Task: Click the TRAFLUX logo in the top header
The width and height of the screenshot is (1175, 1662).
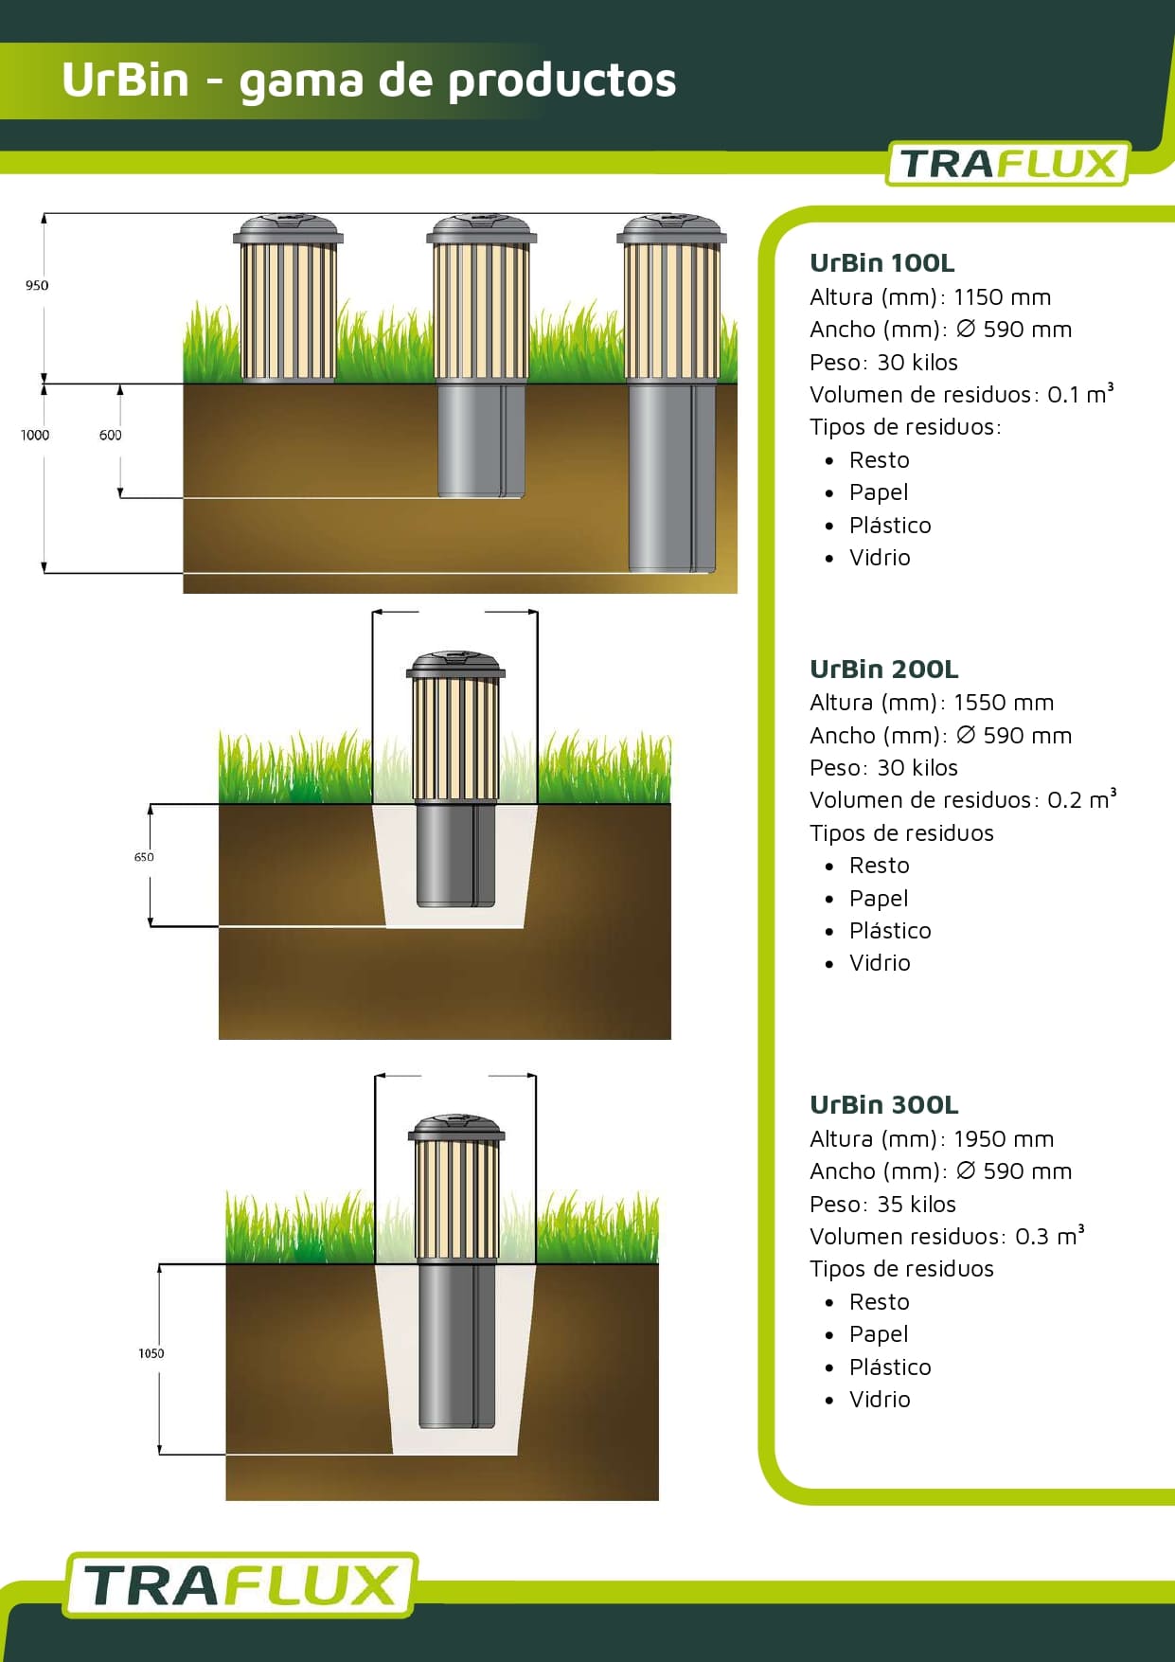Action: (x=1007, y=164)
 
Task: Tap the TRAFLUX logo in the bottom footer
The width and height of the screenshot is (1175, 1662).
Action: (x=240, y=1584)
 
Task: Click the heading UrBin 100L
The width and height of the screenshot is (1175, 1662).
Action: (x=881, y=263)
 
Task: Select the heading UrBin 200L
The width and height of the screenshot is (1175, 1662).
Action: (x=883, y=670)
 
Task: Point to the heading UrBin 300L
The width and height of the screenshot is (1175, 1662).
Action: (x=883, y=1105)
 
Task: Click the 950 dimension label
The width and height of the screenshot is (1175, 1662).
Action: (x=37, y=285)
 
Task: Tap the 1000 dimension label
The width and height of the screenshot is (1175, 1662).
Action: (x=35, y=435)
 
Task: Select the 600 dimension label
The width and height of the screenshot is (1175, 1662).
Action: (x=111, y=435)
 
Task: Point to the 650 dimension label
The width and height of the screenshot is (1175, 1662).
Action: (x=144, y=857)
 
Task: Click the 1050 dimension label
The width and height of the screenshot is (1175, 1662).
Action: (x=151, y=1353)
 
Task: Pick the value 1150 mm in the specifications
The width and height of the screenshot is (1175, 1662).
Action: (x=1002, y=297)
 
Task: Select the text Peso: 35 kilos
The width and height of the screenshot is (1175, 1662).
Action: (x=882, y=1205)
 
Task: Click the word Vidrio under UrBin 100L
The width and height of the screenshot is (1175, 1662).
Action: (x=880, y=558)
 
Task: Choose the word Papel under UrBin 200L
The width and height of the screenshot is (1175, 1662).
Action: (x=879, y=898)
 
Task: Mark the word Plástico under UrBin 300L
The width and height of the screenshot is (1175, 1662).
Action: (x=890, y=1367)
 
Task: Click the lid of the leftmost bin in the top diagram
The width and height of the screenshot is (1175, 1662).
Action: (x=288, y=229)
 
